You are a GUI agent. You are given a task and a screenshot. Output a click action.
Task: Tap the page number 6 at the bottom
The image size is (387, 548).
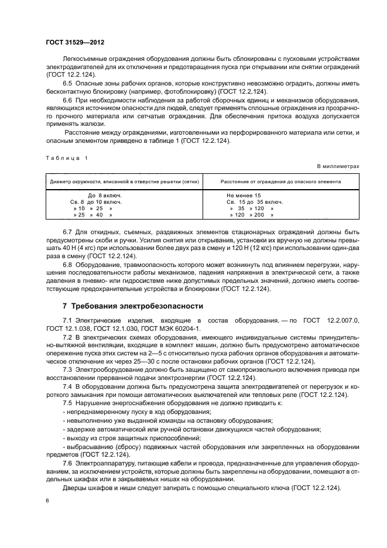(47, 500)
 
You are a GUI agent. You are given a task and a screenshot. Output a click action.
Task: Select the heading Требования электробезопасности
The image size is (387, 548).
(132, 306)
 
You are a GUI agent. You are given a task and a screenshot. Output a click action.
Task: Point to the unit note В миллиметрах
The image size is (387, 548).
(338, 167)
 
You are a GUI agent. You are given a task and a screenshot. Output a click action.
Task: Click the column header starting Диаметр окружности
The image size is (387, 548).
(125, 181)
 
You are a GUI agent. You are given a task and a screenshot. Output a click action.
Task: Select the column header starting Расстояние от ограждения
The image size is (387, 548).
(280, 181)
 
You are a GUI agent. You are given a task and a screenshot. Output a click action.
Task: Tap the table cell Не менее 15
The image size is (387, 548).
(244, 194)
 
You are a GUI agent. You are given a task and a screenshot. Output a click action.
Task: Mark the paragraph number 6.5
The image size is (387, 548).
(69, 85)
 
